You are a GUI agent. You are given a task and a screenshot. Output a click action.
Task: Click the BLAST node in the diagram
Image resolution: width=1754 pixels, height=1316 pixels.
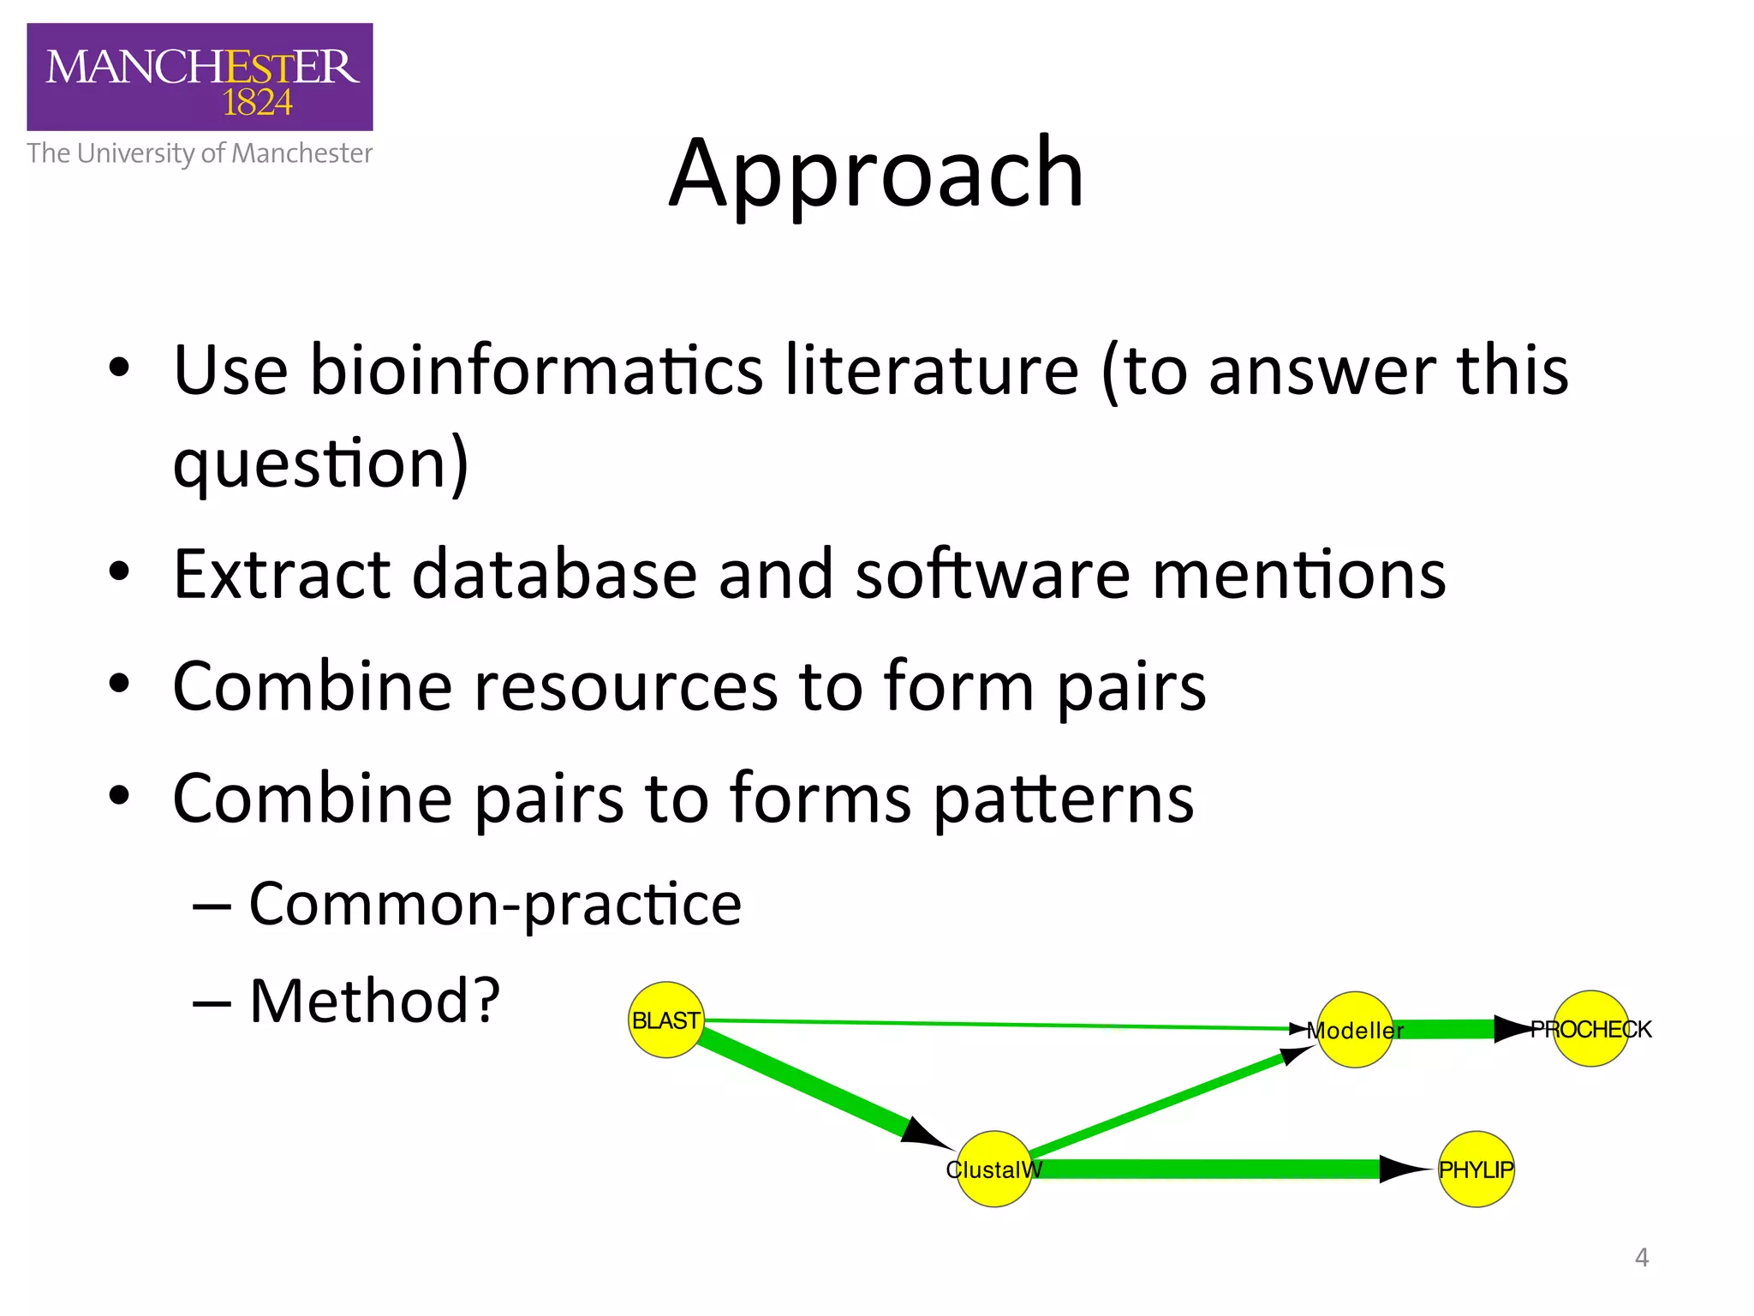click(665, 1020)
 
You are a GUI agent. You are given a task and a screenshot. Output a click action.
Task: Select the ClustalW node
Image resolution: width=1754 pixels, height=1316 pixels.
click(993, 1169)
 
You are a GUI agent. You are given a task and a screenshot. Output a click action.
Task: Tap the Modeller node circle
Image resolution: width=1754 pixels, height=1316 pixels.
click(1355, 1029)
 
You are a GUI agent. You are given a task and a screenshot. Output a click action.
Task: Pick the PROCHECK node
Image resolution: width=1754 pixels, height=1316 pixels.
click(1590, 1028)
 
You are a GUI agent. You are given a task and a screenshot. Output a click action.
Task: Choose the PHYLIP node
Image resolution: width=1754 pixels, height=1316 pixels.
click(1476, 1169)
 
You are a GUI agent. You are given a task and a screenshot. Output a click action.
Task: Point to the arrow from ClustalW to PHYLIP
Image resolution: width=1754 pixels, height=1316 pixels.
click(1216, 1169)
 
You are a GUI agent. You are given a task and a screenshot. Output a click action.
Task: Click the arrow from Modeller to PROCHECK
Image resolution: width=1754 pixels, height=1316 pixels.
click(1456, 1028)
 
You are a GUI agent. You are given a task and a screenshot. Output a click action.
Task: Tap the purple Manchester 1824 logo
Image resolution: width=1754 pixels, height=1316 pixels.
click(200, 77)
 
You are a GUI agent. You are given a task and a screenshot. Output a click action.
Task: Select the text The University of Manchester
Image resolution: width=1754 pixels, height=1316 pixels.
click(200, 153)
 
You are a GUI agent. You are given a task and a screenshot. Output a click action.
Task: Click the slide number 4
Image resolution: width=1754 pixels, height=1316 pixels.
click(1641, 1257)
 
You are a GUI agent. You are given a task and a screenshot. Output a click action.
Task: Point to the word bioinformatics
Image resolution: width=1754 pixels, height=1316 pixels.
click(535, 370)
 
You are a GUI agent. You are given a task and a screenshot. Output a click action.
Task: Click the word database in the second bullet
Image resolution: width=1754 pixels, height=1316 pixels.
click(554, 574)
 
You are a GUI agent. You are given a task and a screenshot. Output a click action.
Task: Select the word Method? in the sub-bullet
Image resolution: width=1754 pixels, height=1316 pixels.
click(374, 1001)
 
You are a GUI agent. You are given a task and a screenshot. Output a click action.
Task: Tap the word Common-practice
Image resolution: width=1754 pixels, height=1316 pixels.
click(495, 904)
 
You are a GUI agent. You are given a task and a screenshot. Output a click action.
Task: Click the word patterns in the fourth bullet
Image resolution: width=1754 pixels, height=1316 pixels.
click(1063, 799)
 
